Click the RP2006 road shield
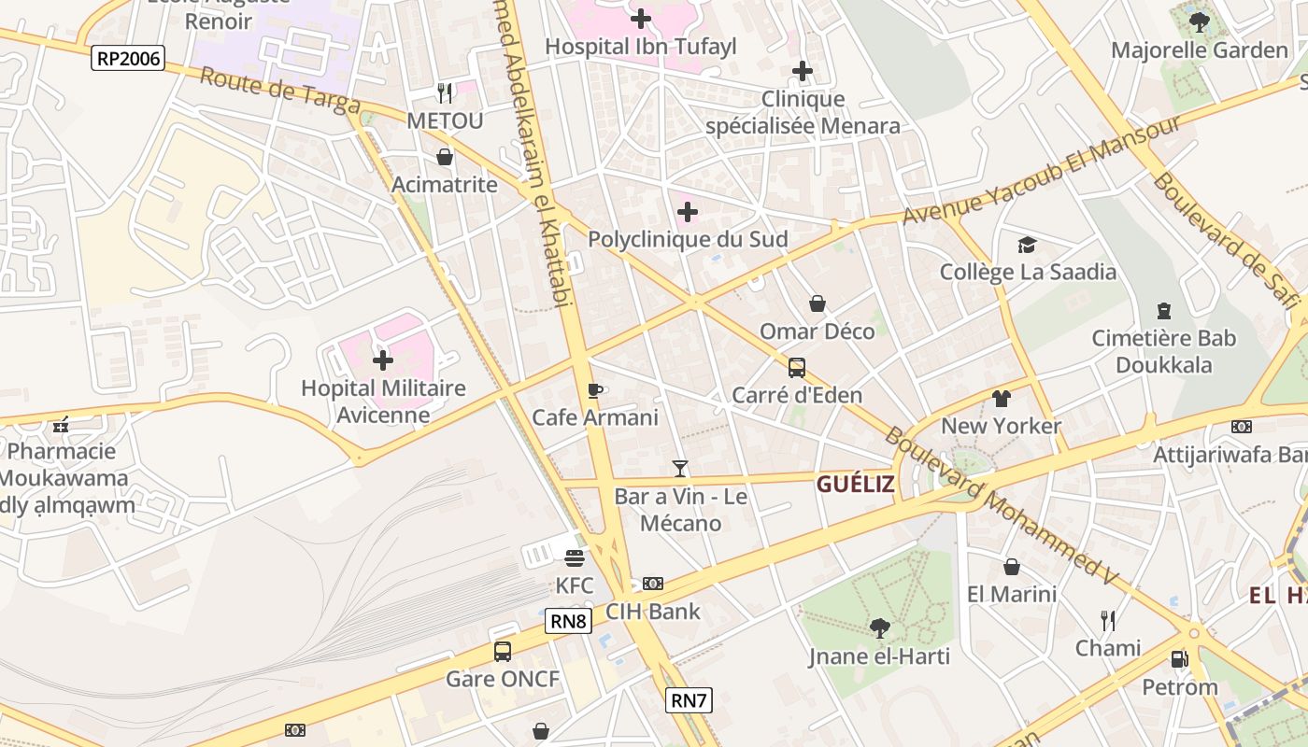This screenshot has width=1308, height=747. (129, 59)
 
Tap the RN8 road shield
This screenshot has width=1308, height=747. (569, 621)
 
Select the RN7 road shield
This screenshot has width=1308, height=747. (690, 700)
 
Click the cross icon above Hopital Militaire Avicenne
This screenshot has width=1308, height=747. (383, 359)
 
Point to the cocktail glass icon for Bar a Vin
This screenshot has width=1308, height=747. (680, 468)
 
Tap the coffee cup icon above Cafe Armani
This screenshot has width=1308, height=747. (594, 389)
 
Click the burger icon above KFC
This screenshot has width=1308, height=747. (575, 557)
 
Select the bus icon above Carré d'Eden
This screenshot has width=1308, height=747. (797, 367)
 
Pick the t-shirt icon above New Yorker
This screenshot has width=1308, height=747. (1002, 399)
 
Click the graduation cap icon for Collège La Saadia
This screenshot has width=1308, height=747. (1028, 245)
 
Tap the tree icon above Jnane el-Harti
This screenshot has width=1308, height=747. (879, 628)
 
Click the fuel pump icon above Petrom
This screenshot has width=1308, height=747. (1180, 659)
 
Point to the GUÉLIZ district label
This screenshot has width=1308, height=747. (855, 484)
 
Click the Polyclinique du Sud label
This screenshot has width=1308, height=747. (688, 239)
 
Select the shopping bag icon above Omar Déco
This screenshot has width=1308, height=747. (817, 303)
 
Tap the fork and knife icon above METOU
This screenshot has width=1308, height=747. (445, 92)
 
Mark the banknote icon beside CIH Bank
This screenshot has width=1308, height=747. (653, 584)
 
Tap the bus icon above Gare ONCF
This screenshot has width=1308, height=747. (503, 651)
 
